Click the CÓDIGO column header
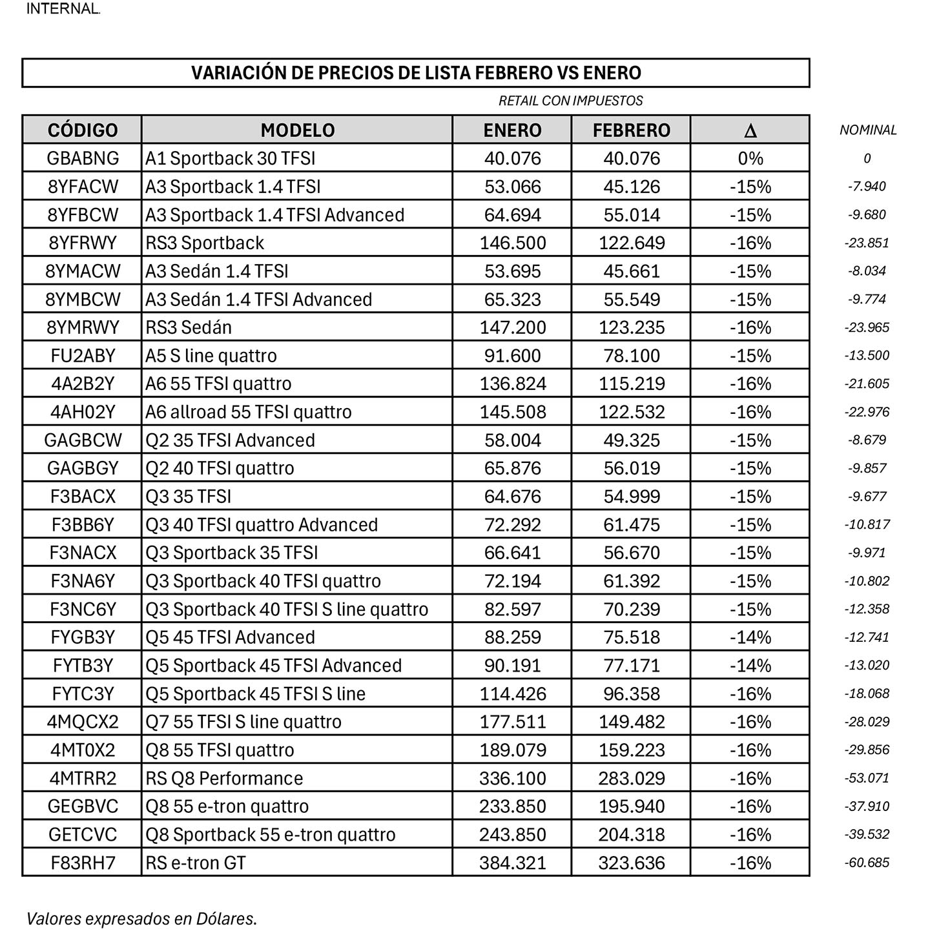[x=83, y=130]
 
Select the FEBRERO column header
[x=631, y=130]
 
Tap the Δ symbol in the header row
[x=750, y=130]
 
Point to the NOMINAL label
[x=868, y=130]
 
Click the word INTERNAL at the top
[x=63, y=9]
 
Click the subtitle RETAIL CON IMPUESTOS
[x=570, y=101]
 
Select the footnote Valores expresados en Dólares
[x=141, y=918]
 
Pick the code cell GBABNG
[x=83, y=158]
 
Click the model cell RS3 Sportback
[x=205, y=243]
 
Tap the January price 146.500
[x=512, y=243]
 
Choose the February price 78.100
[x=631, y=356]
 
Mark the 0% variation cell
[x=750, y=158]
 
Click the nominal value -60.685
[x=867, y=863]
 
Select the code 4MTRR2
[x=83, y=778]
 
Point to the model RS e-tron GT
[x=196, y=863]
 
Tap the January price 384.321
[x=512, y=863]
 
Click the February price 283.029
[x=631, y=778]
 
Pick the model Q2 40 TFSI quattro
[x=220, y=468]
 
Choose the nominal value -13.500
[x=867, y=356]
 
